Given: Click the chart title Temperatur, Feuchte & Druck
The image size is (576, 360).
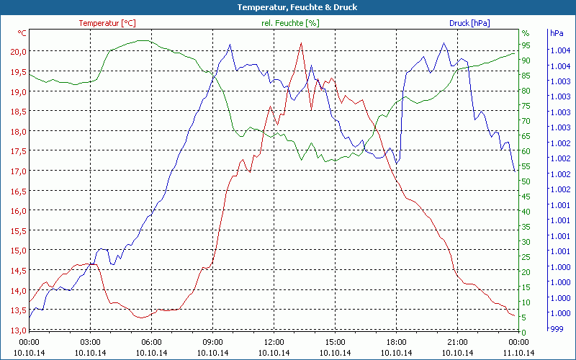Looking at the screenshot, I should point(288,7).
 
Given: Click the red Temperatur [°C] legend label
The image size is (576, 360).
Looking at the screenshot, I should point(107,23).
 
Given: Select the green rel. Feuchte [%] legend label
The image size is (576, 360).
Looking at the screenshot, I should point(289,23).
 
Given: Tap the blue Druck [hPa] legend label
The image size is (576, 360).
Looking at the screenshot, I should point(469,23).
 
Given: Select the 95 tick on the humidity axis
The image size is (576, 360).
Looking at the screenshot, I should point(526,45).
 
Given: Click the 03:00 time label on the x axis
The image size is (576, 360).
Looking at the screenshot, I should point(90,342).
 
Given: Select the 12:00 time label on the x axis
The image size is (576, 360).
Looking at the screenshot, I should point(274,342).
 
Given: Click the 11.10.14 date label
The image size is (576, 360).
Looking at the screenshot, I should point(519,353).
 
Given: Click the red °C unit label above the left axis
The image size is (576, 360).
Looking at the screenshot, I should point(22,33).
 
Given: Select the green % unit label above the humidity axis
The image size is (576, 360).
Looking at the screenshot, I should point(525,33).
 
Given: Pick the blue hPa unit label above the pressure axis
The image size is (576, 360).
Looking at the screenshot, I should point(556,33).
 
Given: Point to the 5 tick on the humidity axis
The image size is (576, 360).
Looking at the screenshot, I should point(523,318).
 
